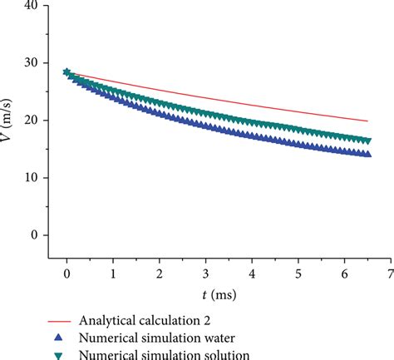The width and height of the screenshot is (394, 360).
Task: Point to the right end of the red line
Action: click(x=367, y=121)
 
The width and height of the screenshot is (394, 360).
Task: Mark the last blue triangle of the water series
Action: click(x=367, y=154)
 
